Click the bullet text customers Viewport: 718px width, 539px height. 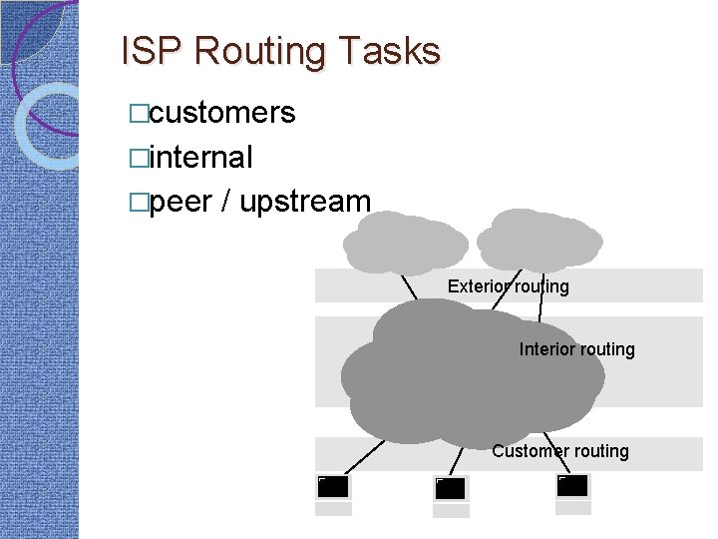pos(221,113)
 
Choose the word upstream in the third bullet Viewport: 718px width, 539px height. pos(305,201)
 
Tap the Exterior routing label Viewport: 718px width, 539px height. pos(508,286)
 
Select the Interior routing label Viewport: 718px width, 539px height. pos(576,349)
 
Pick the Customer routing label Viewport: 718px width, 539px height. pos(559,451)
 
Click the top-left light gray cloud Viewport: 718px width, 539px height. pos(405,241)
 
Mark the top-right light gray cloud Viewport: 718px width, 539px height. pos(538,239)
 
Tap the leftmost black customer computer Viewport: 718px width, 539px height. pos(333,487)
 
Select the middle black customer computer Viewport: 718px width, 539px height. pos(451,488)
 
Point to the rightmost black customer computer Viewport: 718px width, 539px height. pos(572,486)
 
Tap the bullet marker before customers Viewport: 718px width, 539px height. pos(138,114)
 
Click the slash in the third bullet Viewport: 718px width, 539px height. pos(226,201)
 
